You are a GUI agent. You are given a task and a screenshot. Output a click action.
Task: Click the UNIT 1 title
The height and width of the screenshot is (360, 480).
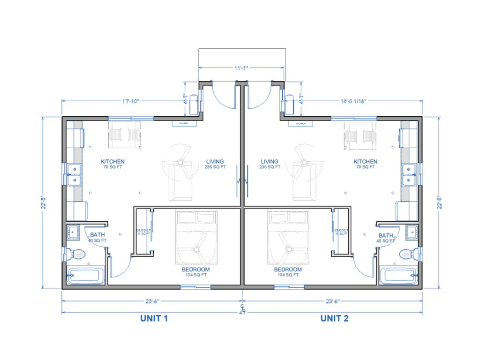[154, 319]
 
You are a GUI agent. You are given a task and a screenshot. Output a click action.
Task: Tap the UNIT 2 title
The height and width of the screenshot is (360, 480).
[334, 319]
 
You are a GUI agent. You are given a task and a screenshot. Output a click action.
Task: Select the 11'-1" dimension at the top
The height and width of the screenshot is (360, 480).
[241, 68]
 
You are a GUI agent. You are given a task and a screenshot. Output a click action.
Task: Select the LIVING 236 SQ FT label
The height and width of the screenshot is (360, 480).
[216, 164]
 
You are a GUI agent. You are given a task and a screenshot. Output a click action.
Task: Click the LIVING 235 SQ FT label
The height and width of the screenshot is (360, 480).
[270, 164]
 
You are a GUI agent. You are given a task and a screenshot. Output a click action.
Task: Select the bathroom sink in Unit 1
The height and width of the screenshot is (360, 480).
[73, 231]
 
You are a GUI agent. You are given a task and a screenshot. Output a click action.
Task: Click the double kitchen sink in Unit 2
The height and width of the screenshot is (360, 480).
[411, 174]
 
